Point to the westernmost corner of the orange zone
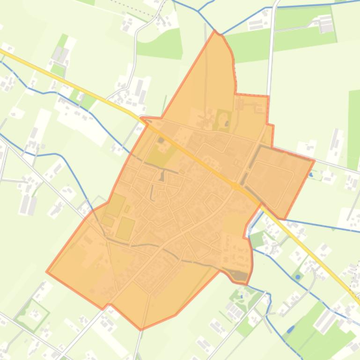pyautogui.click(x=46, y=271)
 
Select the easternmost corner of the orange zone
pyautogui.click(x=314, y=160)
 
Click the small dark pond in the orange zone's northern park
pyautogui.click(x=227, y=124)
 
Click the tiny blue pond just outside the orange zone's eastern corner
pyautogui.click(x=311, y=175)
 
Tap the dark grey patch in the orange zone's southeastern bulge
pyautogui.click(x=240, y=276)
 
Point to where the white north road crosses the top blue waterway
pyautogui.click(x=272, y=7)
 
